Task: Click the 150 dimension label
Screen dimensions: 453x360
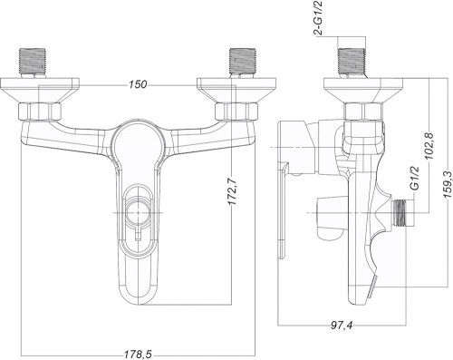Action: (138, 84)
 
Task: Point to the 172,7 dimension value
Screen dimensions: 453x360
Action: (233, 191)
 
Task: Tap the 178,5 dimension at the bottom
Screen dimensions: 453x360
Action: (138, 355)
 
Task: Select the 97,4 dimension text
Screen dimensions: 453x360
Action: (342, 326)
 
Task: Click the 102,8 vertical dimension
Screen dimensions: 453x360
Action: (429, 146)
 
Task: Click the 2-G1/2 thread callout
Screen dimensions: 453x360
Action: (319, 18)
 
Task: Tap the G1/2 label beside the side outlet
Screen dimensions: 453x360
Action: (416, 178)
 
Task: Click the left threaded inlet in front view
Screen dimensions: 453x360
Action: (33, 63)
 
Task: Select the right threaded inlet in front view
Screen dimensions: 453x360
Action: (243, 63)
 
